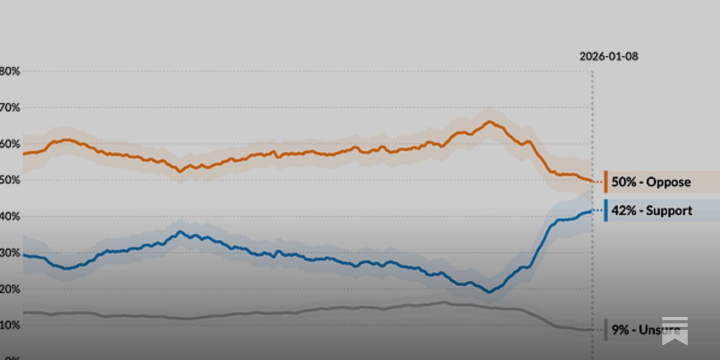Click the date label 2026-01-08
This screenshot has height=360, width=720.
(608, 57)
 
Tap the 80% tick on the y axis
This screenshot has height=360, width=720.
(10, 71)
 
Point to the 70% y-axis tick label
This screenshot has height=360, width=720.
(10, 108)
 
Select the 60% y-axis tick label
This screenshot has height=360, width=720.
(10, 144)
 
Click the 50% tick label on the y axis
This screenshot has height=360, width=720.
(10, 180)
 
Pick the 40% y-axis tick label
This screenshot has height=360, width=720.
(10, 216)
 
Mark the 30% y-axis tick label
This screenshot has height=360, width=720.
(10, 253)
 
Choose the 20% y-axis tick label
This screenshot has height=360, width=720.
(10, 289)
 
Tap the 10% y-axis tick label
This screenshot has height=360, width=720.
(10, 325)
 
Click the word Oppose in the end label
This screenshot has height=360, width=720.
(668, 182)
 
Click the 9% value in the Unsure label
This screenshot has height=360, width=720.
(620, 330)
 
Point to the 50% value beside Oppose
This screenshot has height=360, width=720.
(624, 182)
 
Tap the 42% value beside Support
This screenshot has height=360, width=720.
(624, 211)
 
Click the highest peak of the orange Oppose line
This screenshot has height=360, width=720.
(489, 121)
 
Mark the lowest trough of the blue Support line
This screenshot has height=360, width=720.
(490, 292)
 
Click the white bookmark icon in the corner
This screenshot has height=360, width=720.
(675, 331)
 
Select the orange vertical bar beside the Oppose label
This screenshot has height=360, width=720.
(606, 182)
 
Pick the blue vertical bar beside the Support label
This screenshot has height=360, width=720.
(606, 210)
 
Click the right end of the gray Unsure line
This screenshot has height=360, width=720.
(591, 330)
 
